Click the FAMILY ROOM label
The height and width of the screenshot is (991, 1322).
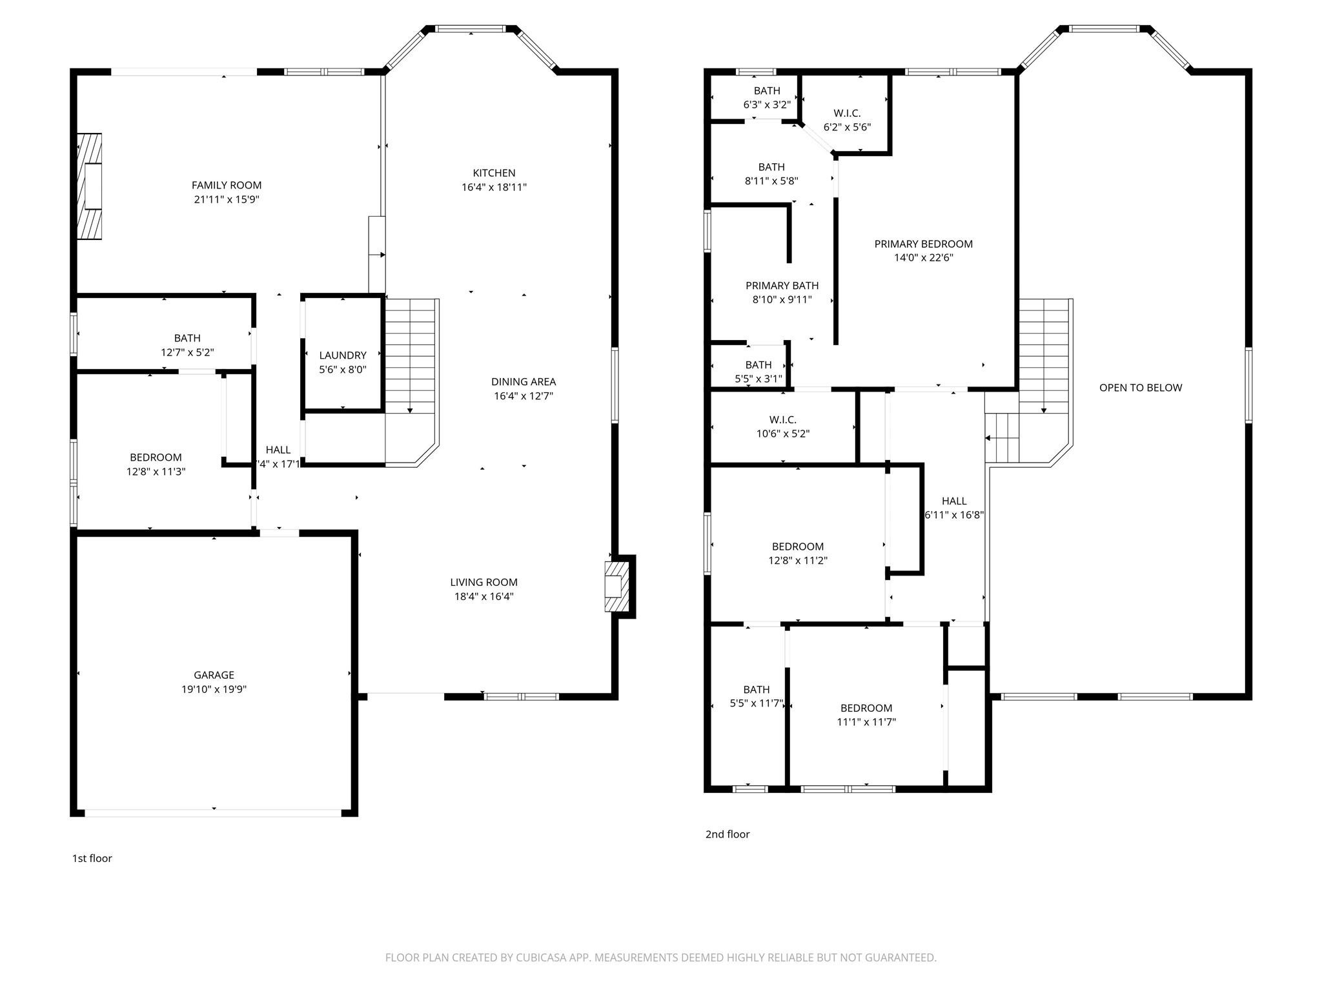[226, 185]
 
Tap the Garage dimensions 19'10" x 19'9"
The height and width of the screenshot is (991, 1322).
[214, 689]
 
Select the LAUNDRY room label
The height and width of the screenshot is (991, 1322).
[342, 355]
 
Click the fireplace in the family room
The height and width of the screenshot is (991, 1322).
[90, 186]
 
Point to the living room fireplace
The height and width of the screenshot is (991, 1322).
[616, 586]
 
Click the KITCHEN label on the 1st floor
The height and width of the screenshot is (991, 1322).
[494, 173]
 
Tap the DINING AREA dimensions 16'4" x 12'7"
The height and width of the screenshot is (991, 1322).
[523, 396]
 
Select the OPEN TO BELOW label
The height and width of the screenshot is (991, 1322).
[1140, 388]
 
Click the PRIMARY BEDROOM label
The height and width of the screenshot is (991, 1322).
[923, 244]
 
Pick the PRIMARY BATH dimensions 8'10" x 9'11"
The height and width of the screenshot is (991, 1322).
[782, 299]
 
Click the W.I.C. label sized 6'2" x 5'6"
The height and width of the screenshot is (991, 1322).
[847, 114]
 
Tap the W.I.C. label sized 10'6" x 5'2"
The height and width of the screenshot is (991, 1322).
[782, 420]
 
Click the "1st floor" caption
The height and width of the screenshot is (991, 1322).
[92, 858]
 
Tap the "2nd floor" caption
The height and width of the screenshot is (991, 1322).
[727, 834]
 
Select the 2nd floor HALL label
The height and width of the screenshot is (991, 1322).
[953, 501]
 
